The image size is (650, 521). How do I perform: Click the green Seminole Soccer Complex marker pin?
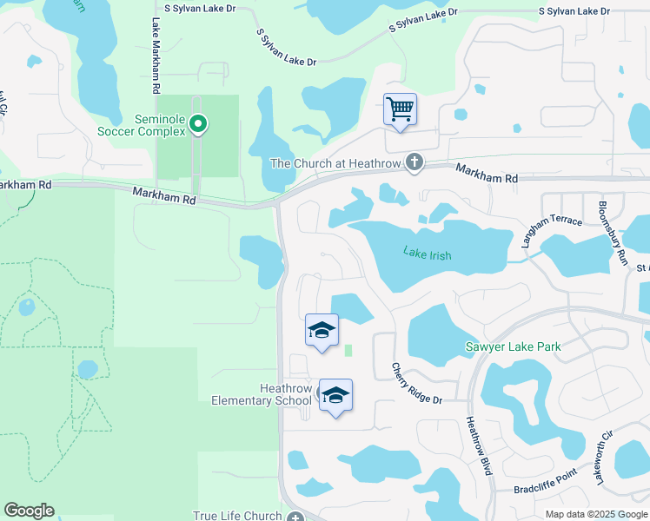click(198, 125)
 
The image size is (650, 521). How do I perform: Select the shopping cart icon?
click(400, 110)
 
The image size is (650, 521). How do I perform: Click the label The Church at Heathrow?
click(337, 163)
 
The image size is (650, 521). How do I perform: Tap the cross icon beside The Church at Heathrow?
click(415, 162)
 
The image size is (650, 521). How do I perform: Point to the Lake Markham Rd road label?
click(156, 56)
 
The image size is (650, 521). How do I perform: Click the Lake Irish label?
click(427, 254)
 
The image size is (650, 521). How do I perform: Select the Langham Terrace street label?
click(551, 230)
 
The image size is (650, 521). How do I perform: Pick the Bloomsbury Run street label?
click(612, 233)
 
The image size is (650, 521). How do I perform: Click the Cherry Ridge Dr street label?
click(416, 383)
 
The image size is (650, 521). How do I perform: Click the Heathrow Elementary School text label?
click(261, 394)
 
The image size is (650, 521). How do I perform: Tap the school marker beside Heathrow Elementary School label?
click(335, 396)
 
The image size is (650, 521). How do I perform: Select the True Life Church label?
click(237, 515)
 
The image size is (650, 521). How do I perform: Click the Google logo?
click(29, 511)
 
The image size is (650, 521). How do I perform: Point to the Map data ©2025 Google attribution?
click(596, 514)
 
